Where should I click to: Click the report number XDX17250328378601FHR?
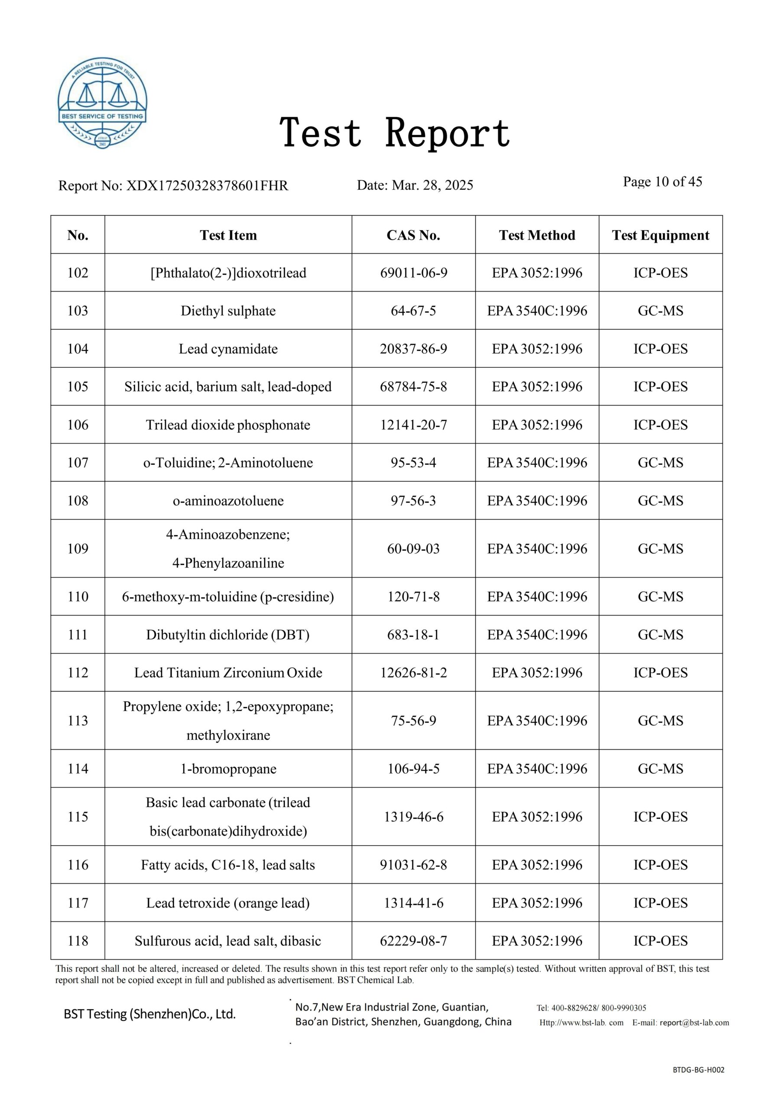coord(207,185)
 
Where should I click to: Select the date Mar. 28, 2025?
coord(432,185)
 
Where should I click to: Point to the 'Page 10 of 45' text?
coord(662,182)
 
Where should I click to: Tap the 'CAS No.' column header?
coord(413,235)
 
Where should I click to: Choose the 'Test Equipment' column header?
coord(661,235)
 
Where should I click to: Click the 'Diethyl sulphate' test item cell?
coord(228,311)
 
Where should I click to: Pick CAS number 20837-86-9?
coord(413,349)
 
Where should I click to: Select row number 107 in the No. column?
coord(78,463)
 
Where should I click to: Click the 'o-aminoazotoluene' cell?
coord(228,501)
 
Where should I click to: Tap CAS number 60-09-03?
coord(413,549)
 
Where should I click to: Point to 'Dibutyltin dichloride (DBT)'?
coord(228,635)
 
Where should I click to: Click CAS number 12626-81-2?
coord(413,673)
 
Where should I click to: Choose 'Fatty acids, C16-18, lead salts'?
coord(228,865)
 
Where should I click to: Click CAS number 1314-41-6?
coord(413,903)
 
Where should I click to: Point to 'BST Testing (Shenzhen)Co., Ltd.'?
coord(150,1014)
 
